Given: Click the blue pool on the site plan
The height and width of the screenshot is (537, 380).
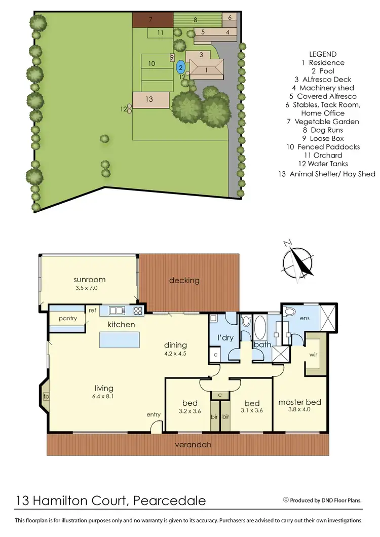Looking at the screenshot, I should coord(180,66).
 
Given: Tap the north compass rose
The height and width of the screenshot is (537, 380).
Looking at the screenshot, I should coord(298,262).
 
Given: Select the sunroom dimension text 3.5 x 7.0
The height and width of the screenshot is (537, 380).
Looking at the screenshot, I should coord(89,288).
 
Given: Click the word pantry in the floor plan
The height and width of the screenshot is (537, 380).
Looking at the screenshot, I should coord(67,319).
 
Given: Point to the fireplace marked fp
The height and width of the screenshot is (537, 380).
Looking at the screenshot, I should coord(46,397).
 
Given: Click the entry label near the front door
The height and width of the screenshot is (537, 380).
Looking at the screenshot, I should coord(154,414).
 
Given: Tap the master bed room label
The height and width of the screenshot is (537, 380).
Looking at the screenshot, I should coord(299,402).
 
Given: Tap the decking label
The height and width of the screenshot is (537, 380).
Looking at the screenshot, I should coord(184,280).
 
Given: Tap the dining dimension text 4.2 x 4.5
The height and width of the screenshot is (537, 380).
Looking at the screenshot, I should coord(175,354).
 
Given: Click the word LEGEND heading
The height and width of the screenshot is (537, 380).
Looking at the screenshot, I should coord(323,54).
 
